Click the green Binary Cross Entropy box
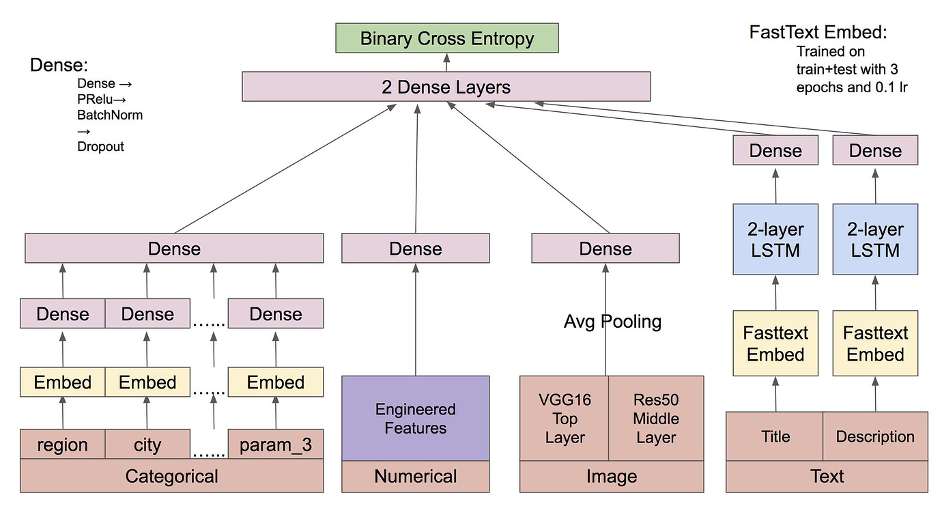click(447, 38)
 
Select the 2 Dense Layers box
click(446, 87)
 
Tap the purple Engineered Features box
click(415, 418)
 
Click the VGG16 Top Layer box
click(564, 418)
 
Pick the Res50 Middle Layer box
click(655, 418)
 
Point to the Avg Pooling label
click(612, 321)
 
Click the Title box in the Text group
click(775, 436)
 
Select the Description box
click(875, 436)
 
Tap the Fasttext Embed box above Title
click(775, 343)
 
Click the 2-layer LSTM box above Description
click(875, 240)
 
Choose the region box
click(63, 445)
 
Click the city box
click(147, 445)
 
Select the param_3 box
click(275, 445)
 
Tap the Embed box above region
click(63, 382)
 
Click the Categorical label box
click(171, 476)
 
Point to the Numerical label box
click(415, 476)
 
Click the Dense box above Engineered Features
click(415, 249)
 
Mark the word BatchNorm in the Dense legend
click(110, 115)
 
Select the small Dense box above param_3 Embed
click(275, 314)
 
